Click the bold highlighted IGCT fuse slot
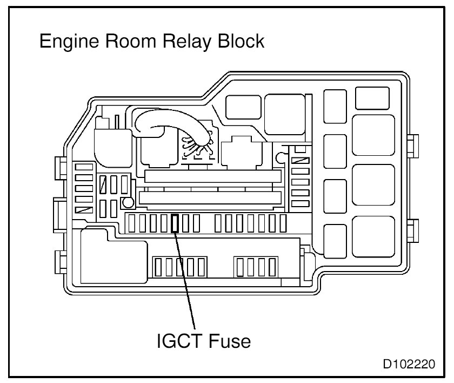(x=175, y=223)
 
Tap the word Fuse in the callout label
(x=230, y=341)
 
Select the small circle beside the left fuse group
(x=128, y=203)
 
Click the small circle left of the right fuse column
(x=279, y=157)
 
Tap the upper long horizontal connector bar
(x=213, y=176)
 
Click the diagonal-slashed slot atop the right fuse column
(x=300, y=160)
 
